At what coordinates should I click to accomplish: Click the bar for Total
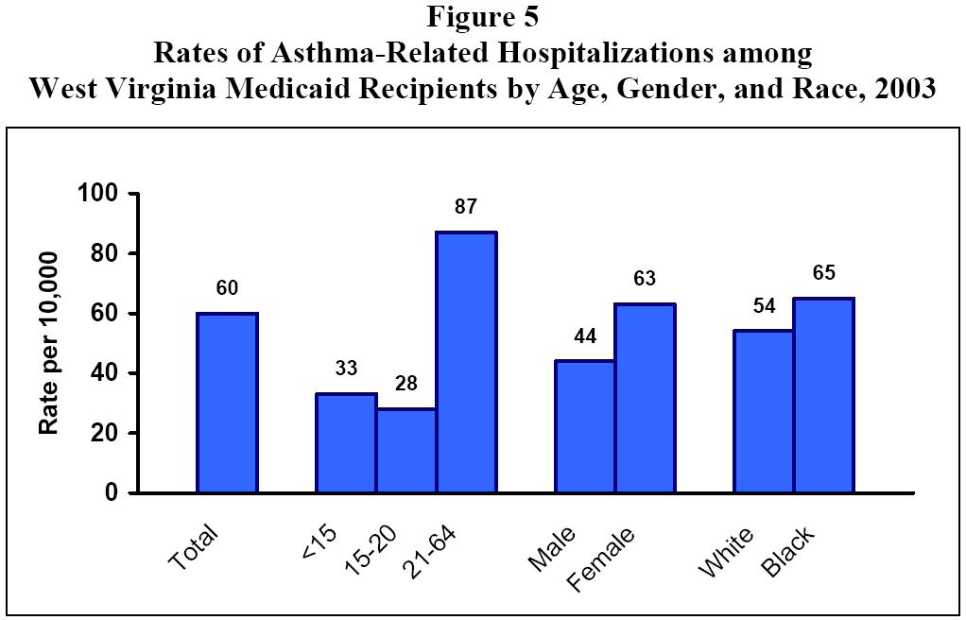pyautogui.click(x=227, y=403)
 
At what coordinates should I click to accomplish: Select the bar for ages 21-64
pyautogui.click(x=466, y=362)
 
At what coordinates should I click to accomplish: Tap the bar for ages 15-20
pyautogui.click(x=405, y=450)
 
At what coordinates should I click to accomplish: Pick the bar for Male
pyautogui.click(x=585, y=426)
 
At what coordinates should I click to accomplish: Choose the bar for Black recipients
pyautogui.click(x=823, y=395)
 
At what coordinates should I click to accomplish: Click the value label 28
pyautogui.click(x=405, y=386)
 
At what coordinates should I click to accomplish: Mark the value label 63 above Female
pyautogui.click(x=645, y=280)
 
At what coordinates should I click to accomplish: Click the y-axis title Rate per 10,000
pyautogui.click(x=49, y=343)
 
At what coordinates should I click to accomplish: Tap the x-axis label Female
pyautogui.click(x=602, y=560)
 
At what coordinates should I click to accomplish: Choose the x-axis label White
pyautogui.click(x=725, y=552)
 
